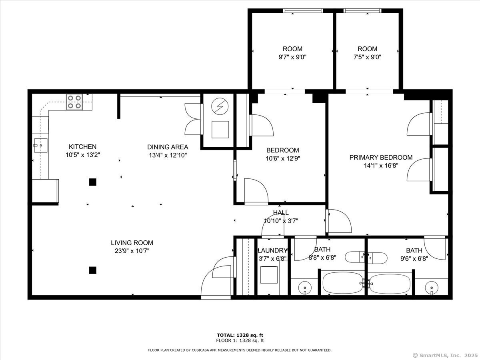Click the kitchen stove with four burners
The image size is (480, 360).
74,102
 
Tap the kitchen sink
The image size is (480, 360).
41,145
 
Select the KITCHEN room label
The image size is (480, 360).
82,146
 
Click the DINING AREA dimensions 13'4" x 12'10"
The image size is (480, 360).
168,155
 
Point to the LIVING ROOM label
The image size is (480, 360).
132,243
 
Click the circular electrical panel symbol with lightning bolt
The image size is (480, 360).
220,106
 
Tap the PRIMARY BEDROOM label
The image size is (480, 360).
381,157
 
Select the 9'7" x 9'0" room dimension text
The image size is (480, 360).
292,57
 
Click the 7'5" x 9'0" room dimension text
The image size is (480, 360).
367,57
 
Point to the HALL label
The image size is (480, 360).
281,212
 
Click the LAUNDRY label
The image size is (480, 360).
272,250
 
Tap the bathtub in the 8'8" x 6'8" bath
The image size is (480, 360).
343,283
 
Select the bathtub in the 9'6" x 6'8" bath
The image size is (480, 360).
390,284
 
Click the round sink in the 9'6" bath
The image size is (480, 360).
432,288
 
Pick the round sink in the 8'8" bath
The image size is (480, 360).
305,288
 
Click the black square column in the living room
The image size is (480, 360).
93,270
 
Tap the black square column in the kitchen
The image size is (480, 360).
93,182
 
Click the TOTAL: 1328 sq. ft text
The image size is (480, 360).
240,335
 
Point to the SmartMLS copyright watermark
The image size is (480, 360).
445,356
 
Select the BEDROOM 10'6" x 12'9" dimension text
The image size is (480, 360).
283,158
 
